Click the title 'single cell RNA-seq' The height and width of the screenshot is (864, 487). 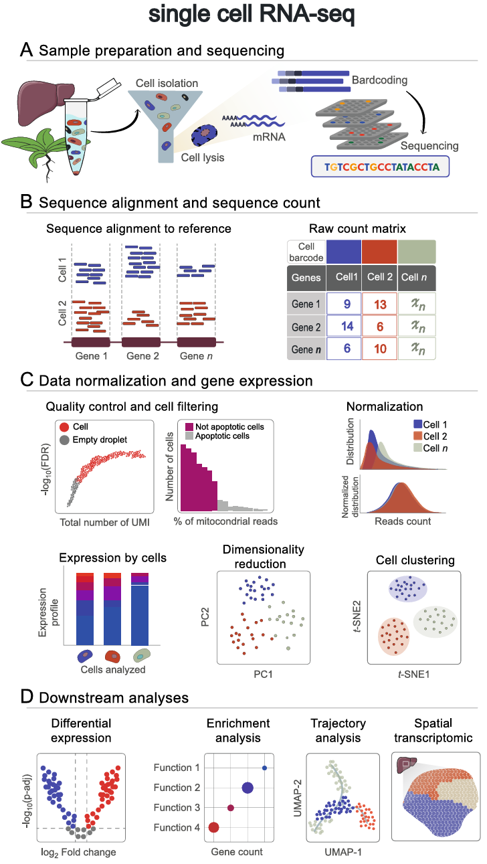[243, 17]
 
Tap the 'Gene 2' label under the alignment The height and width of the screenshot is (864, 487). [141, 355]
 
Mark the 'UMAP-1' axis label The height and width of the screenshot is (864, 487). [339, 852]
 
